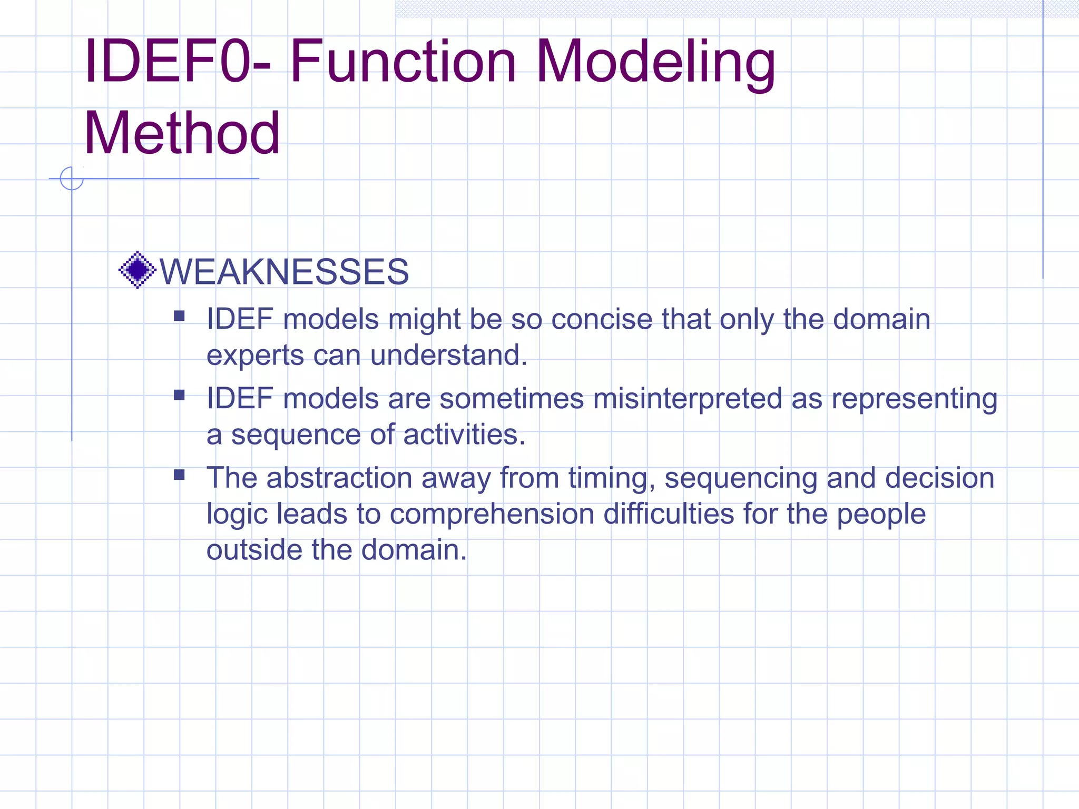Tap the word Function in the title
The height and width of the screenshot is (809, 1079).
coord(403,62)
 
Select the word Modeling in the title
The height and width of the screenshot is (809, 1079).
coord(655,62)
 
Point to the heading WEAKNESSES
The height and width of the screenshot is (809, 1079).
coord(284,272)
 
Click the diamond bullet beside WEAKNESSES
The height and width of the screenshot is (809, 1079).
coord(138,270)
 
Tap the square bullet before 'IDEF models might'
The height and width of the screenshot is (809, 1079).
coord(179,316)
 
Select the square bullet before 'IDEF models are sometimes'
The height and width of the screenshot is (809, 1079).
coord(179,395)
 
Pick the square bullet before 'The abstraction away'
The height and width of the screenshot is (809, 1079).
coord(179,475)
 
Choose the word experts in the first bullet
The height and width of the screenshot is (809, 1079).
coord(255,356)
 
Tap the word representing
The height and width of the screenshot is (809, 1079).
coord(915,399)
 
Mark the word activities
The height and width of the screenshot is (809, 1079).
coord(464,435)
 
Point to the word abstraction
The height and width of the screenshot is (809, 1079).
coord(339,478)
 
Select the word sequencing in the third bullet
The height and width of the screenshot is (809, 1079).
coord(741,478)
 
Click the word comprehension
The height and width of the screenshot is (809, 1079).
coord(492,514)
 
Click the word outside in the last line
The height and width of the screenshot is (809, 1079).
coord(254,550)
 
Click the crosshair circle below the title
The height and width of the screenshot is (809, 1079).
coord(72,179)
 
